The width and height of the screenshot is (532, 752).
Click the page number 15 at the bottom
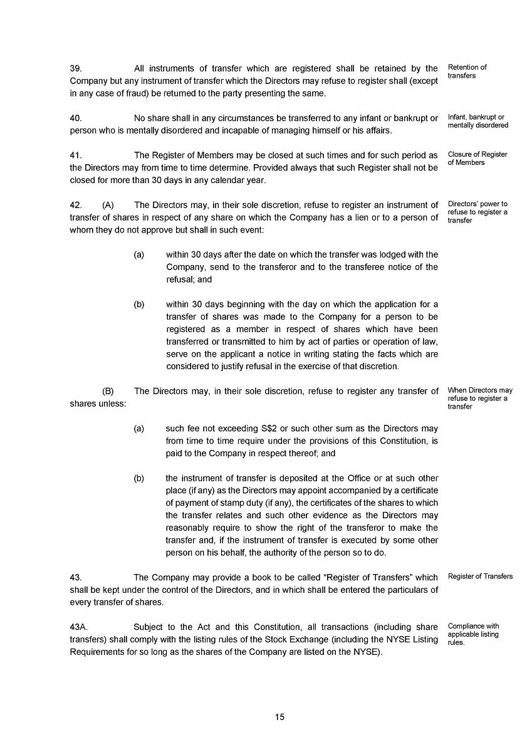279,717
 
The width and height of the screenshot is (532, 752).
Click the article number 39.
76,68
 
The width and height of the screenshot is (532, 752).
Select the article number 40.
76,118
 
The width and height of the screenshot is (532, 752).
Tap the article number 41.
76,155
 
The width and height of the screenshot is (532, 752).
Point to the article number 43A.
79,627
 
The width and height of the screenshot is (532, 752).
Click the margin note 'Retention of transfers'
467,71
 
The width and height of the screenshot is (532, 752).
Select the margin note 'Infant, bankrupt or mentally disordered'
477,121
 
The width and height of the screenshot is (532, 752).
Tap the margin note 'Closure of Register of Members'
477,159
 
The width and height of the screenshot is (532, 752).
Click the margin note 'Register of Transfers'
480,577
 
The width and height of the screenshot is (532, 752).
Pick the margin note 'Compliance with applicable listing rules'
473,634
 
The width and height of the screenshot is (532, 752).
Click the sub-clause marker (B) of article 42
108,391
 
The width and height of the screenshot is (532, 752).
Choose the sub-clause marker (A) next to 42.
108,205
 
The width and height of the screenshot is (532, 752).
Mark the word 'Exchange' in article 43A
305,639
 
